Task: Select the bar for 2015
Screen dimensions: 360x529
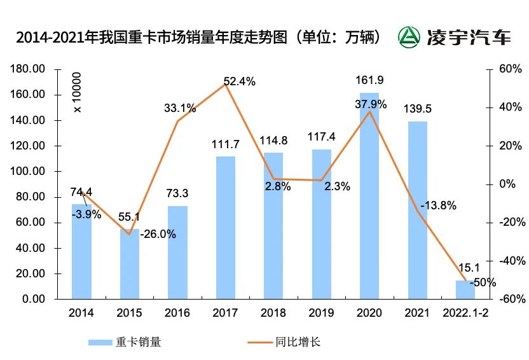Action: (130, 263)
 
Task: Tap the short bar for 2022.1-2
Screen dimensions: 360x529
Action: (465, 289)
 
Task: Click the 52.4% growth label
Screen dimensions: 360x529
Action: (239, 81)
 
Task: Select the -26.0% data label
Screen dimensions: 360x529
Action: (158, 234)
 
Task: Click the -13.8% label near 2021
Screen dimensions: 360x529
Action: (437, 205)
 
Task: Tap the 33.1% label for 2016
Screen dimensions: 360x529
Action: (179, 108)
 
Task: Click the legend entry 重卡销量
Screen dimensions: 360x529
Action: (124, 342)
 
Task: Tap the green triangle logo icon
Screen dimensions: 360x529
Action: (409, 37)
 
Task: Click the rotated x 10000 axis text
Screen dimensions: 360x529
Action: (78, 93)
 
